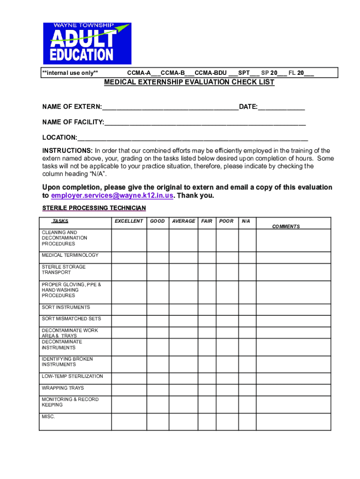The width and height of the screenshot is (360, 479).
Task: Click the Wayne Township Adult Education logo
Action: tap(87, 44)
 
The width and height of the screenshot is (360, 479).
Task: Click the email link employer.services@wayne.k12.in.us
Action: tap(112, 196)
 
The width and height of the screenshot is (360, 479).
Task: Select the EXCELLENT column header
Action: tap(129, 221)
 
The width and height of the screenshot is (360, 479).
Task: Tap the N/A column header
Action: tap(246, 221)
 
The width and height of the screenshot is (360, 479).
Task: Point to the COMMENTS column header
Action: tap(286, 226)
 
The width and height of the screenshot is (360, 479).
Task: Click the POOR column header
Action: tap(226, 221)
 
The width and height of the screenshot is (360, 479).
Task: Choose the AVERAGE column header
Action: tap(183, 221)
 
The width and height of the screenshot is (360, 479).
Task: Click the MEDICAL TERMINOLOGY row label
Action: tap(70, 255)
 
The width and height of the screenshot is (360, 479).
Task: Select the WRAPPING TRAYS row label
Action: tap(63, 388)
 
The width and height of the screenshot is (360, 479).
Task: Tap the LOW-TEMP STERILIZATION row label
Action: tap(72, 377)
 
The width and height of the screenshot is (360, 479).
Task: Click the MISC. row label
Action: tap(48, 416)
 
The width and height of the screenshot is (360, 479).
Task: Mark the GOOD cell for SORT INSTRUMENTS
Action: tap(158, 309)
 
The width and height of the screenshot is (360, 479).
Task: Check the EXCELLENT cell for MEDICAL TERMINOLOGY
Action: tap(129, 257)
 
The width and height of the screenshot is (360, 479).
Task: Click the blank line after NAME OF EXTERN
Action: tap(170, 107)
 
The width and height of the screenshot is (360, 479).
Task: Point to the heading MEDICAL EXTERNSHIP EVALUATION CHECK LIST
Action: tap(189, 82)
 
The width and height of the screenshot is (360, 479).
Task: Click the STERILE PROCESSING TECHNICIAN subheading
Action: tap(94, 208)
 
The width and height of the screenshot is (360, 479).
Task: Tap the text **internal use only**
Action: tap(70, 73)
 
